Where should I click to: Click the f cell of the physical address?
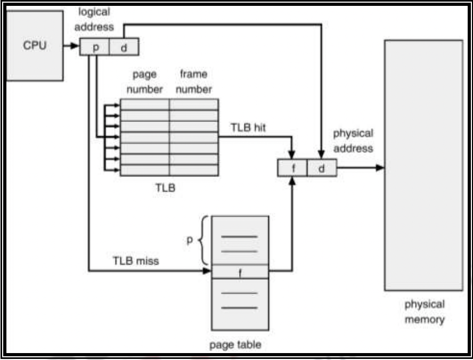(x=292, y=168)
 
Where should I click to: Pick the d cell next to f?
(x=322, y=168)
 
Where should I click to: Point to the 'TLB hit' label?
(x=248, y=128)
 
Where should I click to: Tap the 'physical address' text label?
(x=353, y=141)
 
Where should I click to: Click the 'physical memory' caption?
(x=424, y=312)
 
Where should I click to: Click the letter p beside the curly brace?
(x=189, y=240)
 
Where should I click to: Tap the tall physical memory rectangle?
(x=423, y=165)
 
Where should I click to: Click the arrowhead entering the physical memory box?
(x=380, y=168)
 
